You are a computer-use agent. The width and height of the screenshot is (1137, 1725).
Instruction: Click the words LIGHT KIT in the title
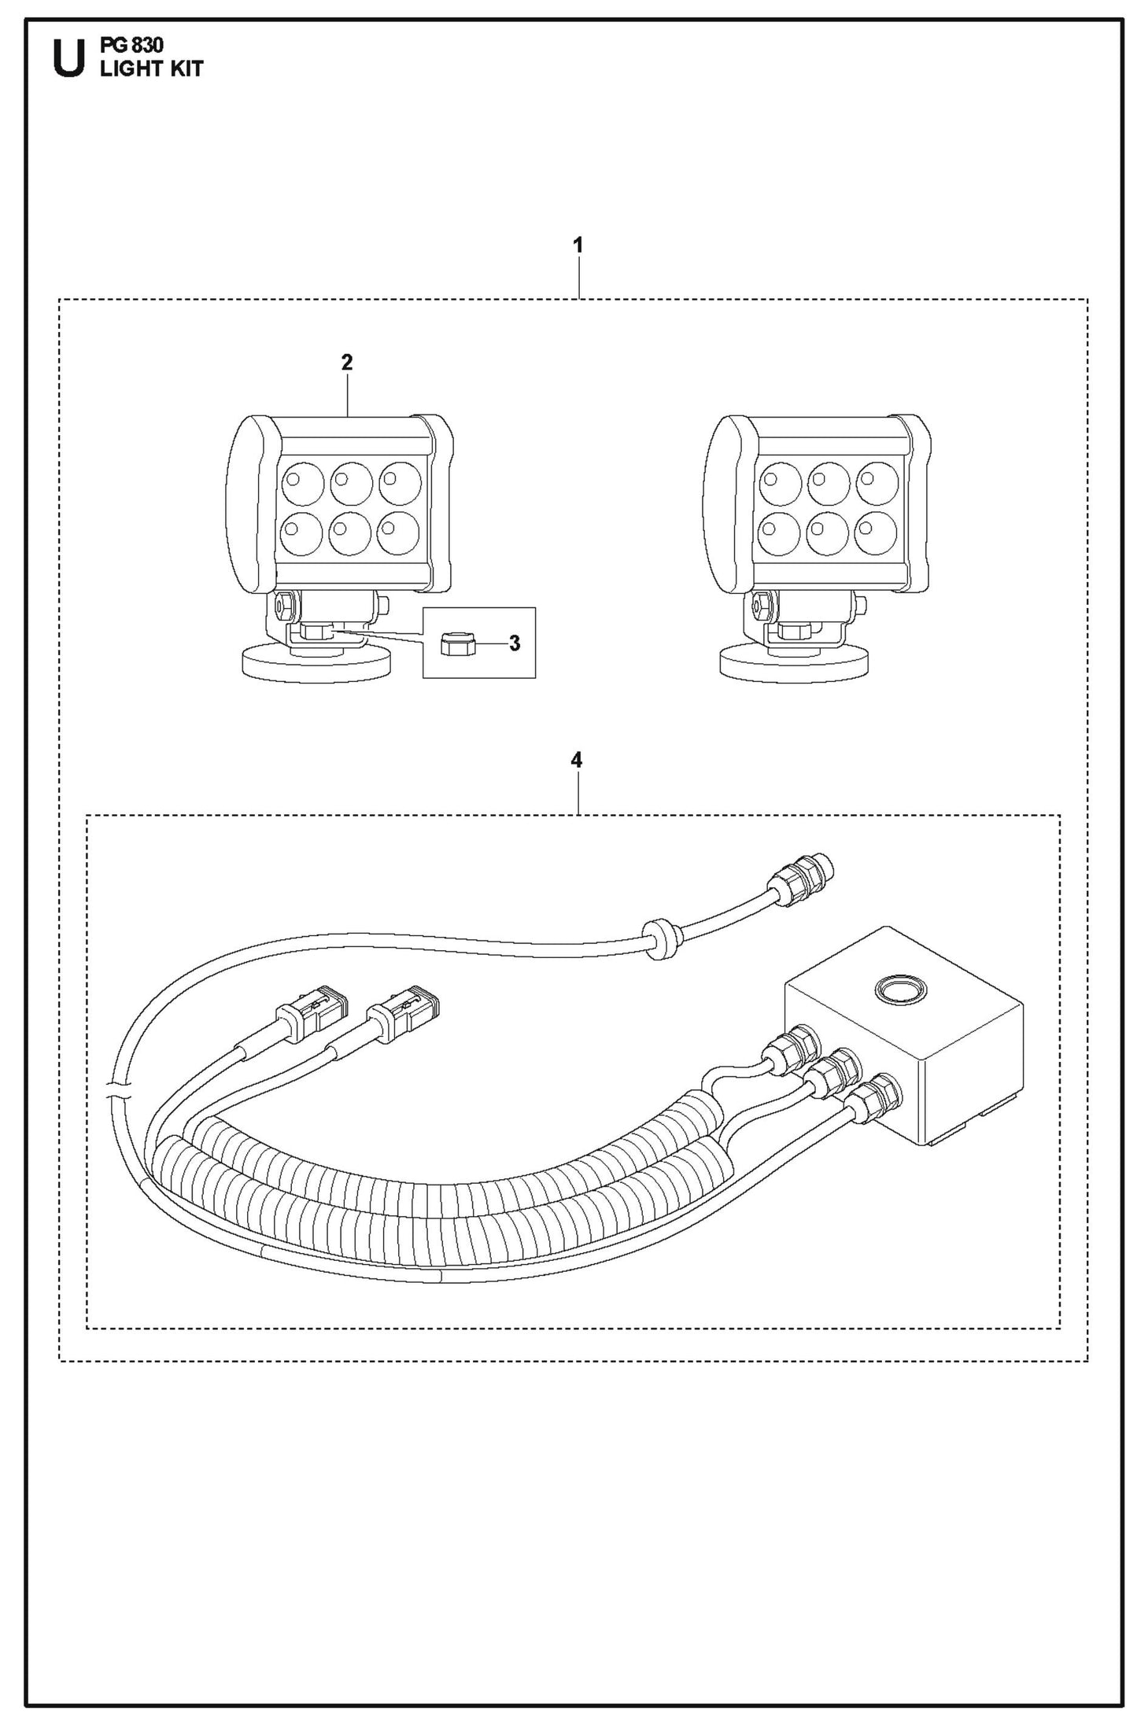click(x=152, y=70)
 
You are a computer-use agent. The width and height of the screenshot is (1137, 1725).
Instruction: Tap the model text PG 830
click(x=132, y=45)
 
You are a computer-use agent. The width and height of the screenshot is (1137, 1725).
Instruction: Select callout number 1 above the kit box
click(x=578, y=245)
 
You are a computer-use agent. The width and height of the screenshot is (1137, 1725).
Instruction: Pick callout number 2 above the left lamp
click(x=347, y=363)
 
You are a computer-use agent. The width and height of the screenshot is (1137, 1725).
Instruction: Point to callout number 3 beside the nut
click(x=515, y=643)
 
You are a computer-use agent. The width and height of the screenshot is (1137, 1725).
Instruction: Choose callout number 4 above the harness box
click(x=577, y=760)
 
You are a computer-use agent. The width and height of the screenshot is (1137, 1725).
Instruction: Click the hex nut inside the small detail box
click(x=453, y=644)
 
